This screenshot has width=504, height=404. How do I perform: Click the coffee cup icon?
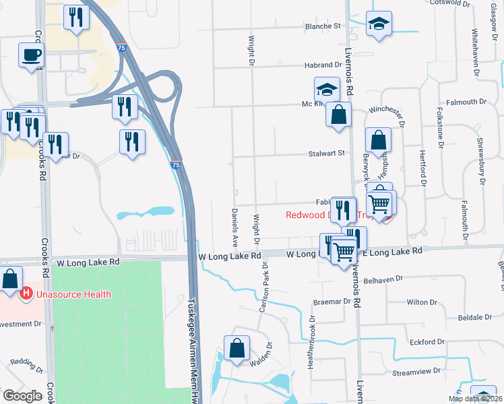tap(31, 56)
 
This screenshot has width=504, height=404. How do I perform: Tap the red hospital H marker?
tap(26, 294)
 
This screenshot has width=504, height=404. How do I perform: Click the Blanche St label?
tap(323, 26)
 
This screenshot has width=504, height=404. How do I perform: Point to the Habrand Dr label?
tap(323, 65)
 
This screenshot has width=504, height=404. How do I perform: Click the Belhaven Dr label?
tap(383, 277)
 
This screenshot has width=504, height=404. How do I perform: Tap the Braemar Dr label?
tap(333, 302)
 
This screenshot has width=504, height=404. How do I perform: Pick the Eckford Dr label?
tap(427, 342)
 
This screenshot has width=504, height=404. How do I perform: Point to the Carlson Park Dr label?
tap(263, 293)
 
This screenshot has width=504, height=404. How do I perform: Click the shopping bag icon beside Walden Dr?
tap(237, 348)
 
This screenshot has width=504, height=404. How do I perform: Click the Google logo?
tap(22, 397)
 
